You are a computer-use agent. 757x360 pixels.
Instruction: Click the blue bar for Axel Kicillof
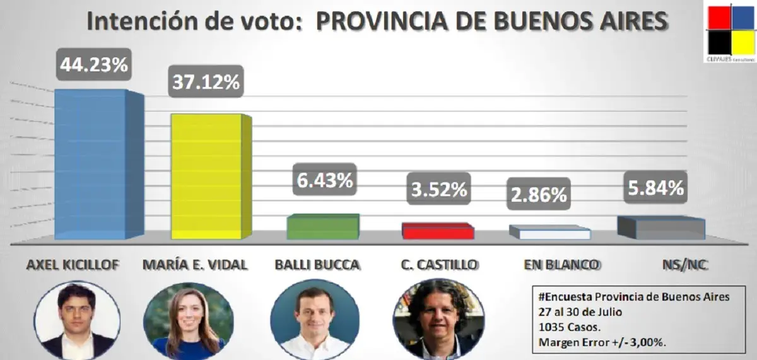point(91,164)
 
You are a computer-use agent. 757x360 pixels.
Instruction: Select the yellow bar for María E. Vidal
point(207,177)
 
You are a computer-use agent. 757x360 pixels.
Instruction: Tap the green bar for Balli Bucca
point(322,227)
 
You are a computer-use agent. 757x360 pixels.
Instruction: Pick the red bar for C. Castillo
point(438,231)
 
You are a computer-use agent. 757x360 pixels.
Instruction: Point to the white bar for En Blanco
point(550,233)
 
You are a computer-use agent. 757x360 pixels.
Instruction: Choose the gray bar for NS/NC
point(660,228)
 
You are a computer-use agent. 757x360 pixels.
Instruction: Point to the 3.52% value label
point(437,189)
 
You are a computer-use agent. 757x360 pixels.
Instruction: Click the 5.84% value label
point(655,187)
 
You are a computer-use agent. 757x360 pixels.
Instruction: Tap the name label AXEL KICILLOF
point(73,265)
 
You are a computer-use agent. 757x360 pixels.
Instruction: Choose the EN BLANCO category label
point(561,265)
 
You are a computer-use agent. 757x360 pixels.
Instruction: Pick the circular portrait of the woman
point(189,322)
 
